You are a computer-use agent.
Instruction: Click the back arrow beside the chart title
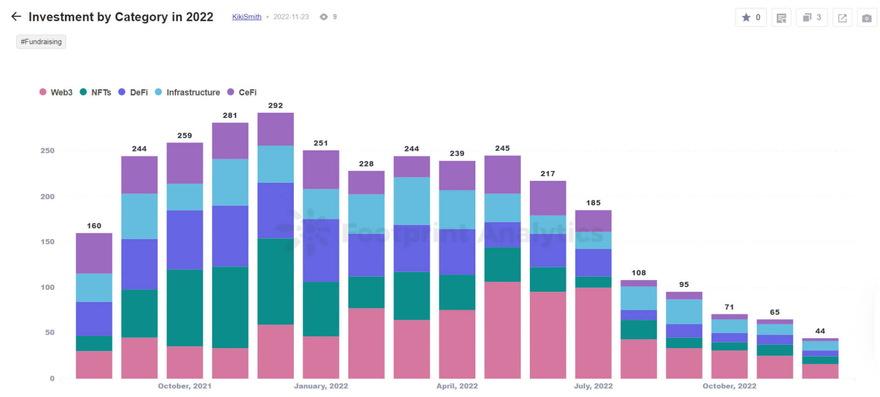16,17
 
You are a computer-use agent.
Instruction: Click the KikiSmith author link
246,17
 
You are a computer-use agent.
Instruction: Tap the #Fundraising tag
41,42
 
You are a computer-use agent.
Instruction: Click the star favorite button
751,18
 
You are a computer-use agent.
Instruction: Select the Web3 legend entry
56,92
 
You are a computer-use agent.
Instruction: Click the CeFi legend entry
242,92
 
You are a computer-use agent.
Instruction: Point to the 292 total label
275,106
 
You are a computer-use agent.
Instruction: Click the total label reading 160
94,226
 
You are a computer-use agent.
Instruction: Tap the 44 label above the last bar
820,331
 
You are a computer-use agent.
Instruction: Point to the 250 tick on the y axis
47,151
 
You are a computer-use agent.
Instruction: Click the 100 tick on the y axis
47,287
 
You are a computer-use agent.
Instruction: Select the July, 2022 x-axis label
593,386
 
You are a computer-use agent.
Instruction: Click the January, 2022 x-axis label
321,386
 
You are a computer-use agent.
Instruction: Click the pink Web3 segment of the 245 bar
502,330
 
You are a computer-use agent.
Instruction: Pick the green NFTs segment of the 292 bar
275,281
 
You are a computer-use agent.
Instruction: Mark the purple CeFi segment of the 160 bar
94,253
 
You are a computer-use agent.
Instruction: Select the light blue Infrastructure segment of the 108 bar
638,298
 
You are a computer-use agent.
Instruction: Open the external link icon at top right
842,18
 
